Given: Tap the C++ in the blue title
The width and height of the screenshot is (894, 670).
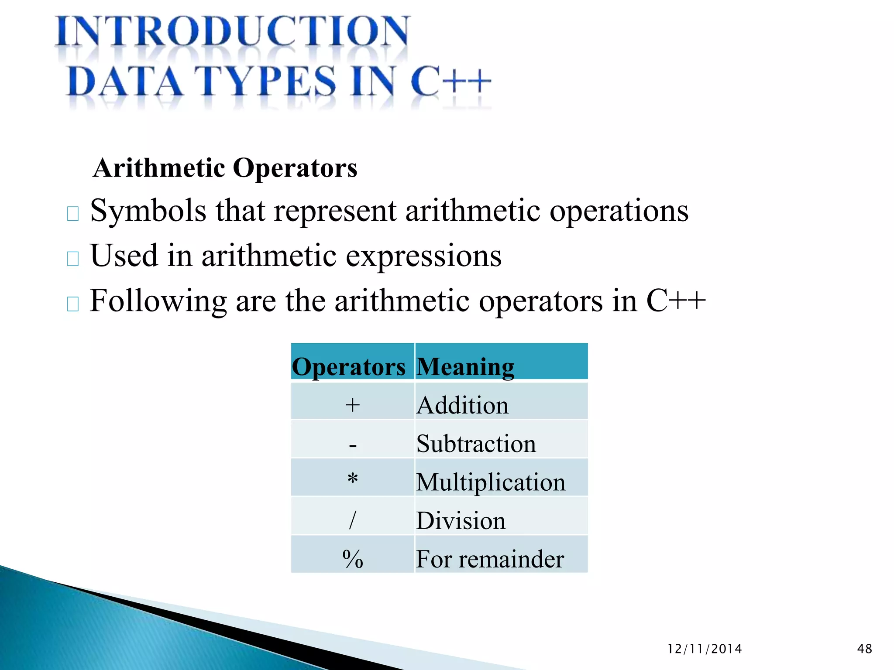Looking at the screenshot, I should [450, 81].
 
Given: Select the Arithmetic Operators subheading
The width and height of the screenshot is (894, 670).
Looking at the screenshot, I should [225, 168].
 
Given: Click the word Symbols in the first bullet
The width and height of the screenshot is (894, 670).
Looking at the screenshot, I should [148, 211].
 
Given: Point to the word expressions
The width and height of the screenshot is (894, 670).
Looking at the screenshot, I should [423, 256].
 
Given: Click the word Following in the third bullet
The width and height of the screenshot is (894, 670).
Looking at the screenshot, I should [158, 301].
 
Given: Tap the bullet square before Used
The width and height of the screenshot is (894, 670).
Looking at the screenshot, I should [73, 259].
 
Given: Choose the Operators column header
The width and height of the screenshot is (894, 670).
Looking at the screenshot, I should [348, 366].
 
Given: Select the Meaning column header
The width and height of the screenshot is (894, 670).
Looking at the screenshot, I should [465, 366].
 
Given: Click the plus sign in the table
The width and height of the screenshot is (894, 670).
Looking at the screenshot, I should [352, 405].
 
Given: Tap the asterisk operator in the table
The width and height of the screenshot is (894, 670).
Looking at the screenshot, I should [353, 479].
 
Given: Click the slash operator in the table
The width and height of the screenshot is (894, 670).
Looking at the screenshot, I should [353, 520].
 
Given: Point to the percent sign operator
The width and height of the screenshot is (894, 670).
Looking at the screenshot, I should [353, 559].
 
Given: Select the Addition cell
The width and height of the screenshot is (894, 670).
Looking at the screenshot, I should [463, 405].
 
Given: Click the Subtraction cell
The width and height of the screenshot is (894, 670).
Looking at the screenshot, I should [476, 444].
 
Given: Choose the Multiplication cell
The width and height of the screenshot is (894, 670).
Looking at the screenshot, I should [490, 482].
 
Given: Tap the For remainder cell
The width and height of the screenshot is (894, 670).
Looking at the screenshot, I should [490, 559].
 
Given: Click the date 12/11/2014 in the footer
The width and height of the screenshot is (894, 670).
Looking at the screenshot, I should [705, 649].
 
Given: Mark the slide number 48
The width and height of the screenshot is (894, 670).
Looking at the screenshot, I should [864, 649].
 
